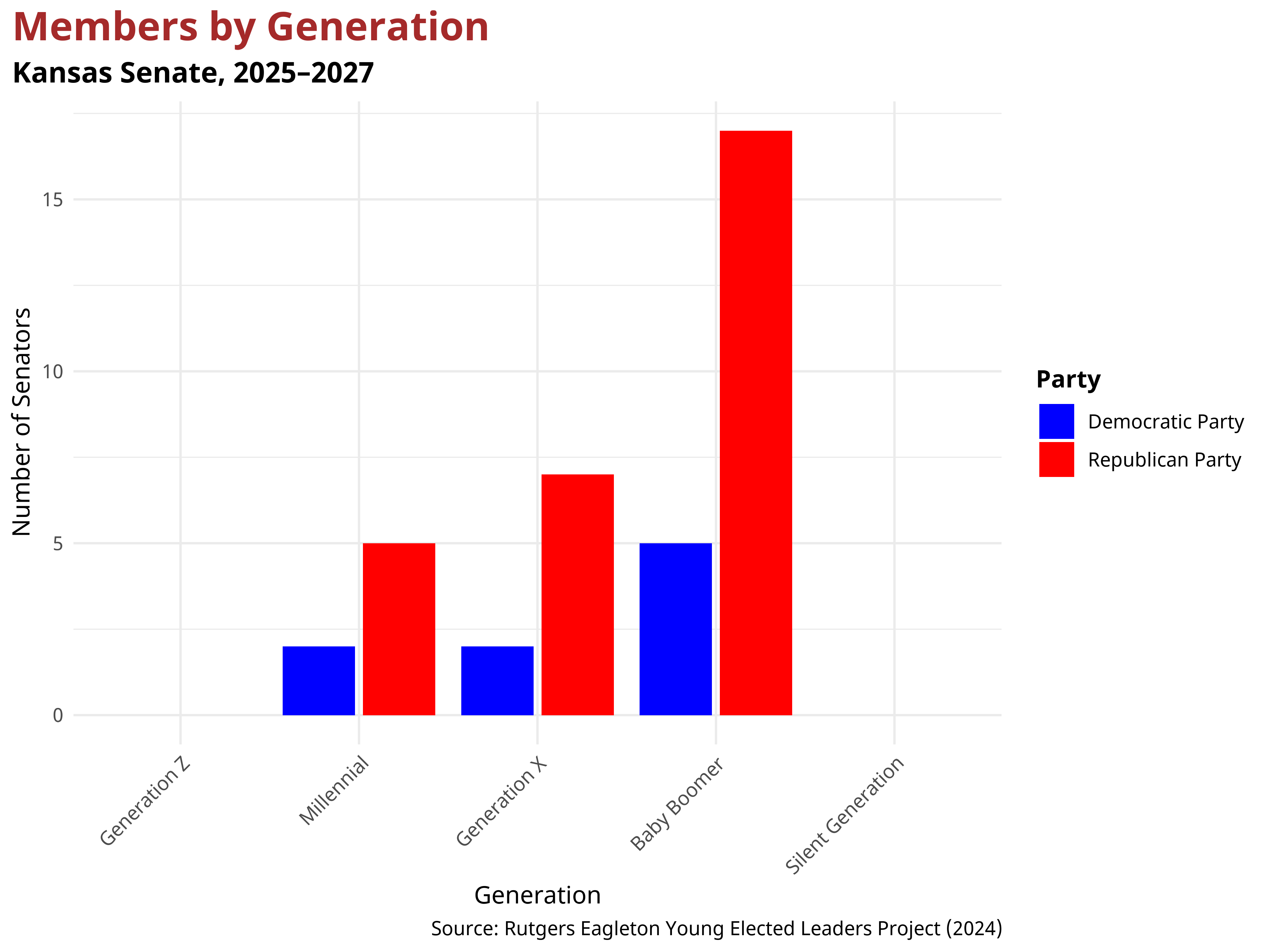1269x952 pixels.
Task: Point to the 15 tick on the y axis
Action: [52, 200]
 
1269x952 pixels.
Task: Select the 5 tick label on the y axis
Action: [57, 543]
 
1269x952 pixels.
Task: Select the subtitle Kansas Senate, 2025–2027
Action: [193, 73]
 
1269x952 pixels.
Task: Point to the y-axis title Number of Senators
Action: [22, 422]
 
